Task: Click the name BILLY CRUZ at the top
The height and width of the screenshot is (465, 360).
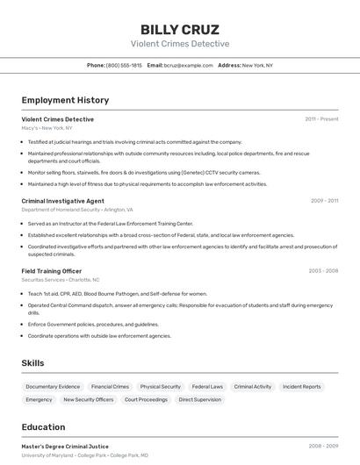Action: tap(180, 29)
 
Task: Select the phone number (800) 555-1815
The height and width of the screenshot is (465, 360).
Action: tap(124, 65)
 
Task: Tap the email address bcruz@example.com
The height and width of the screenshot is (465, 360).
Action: tap(188, 65)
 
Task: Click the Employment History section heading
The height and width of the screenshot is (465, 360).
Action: tap(65, 100)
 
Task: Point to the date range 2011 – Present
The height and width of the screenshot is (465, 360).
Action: tap(321, 119)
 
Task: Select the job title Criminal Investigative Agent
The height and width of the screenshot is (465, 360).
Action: tap(62, 201)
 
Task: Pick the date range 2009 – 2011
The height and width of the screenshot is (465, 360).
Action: tap(324, 201)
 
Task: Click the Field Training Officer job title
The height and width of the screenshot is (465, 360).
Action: tap(52, 271)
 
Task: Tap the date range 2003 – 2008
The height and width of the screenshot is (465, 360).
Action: tap(323, 271)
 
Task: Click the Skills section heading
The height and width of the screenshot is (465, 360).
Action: tap(32, 363)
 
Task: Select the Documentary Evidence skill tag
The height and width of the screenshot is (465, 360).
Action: tap(53, 386)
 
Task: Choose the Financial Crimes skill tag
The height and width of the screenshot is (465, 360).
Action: tap(110, 386)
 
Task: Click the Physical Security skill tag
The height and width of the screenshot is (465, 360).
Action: tap(161, 386)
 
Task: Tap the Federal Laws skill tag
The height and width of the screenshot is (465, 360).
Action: tap(207, 386)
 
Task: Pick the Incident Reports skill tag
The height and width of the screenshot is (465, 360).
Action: tap(302, 386)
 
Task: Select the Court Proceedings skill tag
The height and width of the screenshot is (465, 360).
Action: tap(146, 399)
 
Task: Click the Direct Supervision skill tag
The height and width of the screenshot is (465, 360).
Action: tap(200, 399)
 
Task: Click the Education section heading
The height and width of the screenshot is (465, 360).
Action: tap(44, 427)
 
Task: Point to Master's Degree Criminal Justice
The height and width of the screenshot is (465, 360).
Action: tap(65, 447)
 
